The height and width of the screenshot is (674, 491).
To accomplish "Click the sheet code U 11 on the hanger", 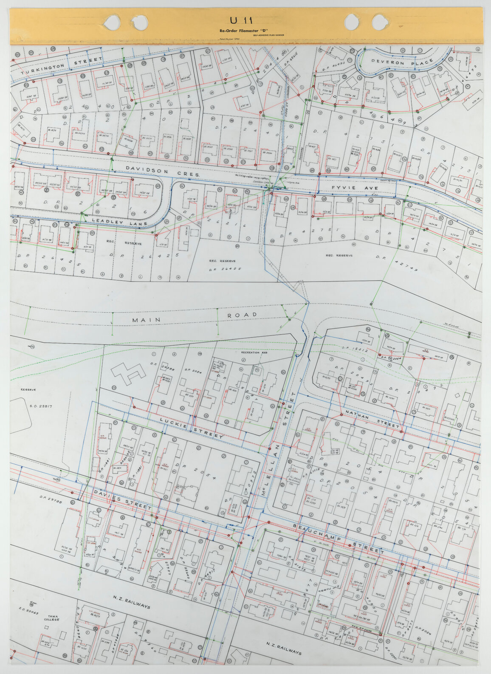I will click(241, 20).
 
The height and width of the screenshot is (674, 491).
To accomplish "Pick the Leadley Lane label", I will click(119, 222).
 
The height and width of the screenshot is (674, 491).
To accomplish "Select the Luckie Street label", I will click(191, 427).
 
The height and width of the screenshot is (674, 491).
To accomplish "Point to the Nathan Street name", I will click(372, 418).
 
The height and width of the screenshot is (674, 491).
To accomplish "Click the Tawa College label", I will click(53, 619).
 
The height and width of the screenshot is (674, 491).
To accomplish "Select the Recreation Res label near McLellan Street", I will click(253, 353).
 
